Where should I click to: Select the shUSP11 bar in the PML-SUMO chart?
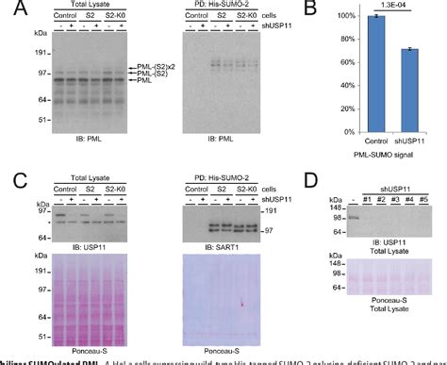411,89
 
